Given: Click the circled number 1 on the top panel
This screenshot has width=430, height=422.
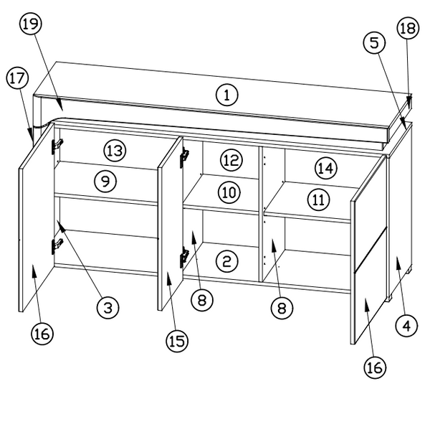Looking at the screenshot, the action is tap(227, 95).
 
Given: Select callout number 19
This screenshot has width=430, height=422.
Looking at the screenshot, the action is tap(31, 24).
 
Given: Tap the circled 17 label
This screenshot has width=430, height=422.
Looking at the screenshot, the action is tap(17, 78).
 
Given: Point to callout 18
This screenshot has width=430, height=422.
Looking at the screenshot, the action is tap(408, 28).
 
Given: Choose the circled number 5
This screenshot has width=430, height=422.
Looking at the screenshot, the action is tap(374, 43).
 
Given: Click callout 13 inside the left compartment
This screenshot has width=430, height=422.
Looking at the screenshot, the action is tap(115, 151).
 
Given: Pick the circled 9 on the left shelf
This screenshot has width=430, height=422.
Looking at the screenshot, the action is tap(105, 181).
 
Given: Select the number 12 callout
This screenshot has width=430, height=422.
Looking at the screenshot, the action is tap(231, 160).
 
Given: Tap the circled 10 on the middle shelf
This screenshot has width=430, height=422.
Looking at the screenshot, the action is tap(229, 192).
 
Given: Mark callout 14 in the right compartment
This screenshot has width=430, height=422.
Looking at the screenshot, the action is tap(326, 168).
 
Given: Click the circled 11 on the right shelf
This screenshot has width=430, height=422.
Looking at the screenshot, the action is tap(319, 200).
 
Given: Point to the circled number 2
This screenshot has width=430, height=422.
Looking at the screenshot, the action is tap(227, 261).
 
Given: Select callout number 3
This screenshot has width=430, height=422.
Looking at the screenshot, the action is tap(108, 307).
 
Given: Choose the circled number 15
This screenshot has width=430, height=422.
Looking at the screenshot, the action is tap(177, 342).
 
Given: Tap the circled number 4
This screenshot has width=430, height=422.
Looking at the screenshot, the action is tap(406, 326).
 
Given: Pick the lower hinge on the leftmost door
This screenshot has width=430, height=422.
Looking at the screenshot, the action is tap(57, 245).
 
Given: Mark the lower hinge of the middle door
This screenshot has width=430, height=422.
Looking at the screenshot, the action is tap(184, 255).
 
